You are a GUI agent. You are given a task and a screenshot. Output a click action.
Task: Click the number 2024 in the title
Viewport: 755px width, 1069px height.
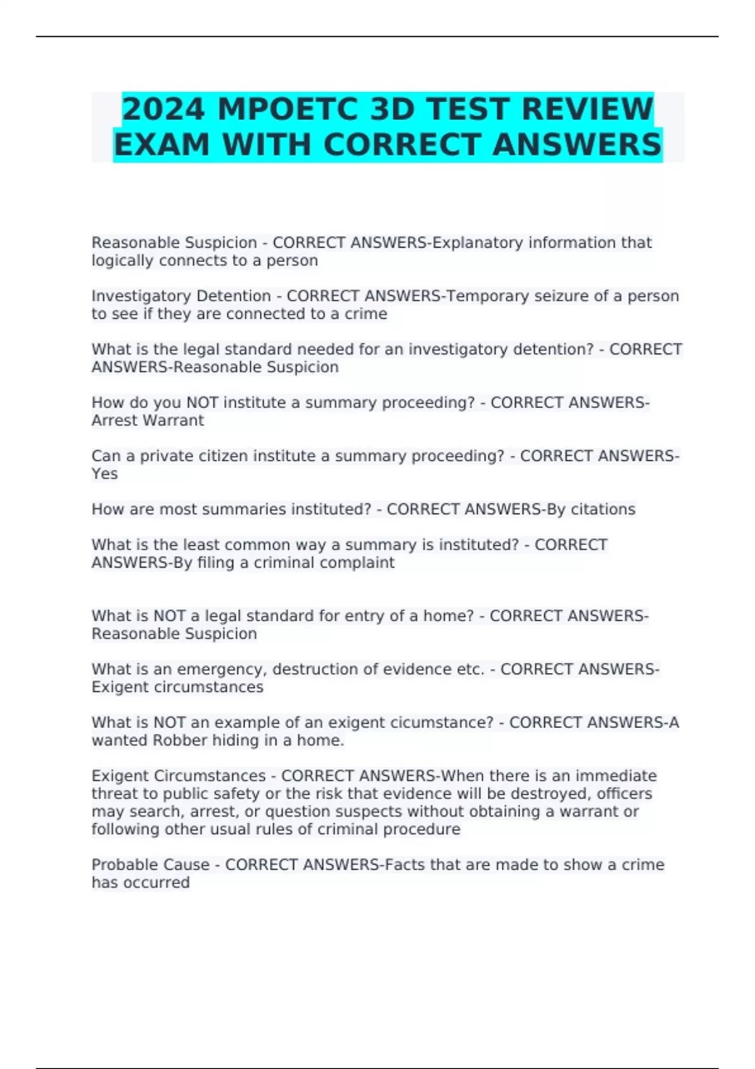coord(164,109)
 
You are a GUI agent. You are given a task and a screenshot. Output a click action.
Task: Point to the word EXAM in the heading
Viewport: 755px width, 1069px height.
coord(161,145)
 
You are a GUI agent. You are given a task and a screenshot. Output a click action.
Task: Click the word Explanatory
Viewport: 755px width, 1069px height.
coord(478,243)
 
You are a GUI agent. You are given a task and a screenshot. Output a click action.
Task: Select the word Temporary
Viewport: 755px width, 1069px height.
coord(488,296)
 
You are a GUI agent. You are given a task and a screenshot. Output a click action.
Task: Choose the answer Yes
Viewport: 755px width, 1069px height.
coord(104,474)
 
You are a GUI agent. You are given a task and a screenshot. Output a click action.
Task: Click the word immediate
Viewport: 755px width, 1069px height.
coord(615,776)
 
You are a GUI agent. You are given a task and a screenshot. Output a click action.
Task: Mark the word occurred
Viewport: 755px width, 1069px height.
coord(156,882)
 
